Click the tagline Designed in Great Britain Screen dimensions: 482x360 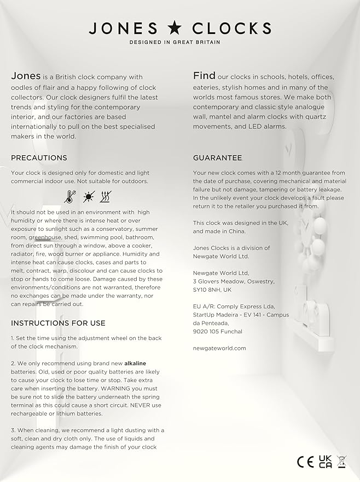[175, 42]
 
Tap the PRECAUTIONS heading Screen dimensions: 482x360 [39, 158]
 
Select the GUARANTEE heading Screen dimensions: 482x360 [217, 158]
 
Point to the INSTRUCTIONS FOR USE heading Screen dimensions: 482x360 [58, 323]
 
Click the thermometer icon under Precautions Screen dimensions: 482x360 [70, 197]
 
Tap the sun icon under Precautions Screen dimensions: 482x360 [88, 197]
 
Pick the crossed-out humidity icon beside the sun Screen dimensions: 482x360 [106, 197]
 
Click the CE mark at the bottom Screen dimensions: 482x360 [305, 462]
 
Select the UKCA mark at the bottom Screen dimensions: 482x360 [325, 462]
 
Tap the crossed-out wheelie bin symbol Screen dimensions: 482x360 [342, 462]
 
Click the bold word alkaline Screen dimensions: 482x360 [136, 364]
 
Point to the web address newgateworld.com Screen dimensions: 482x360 [219, 348]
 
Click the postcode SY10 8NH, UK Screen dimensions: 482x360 [212, 290]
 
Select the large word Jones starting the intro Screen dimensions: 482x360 [26, 77]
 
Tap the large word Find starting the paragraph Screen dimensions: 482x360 [204, 76]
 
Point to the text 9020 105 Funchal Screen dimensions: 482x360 [217, 331]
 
